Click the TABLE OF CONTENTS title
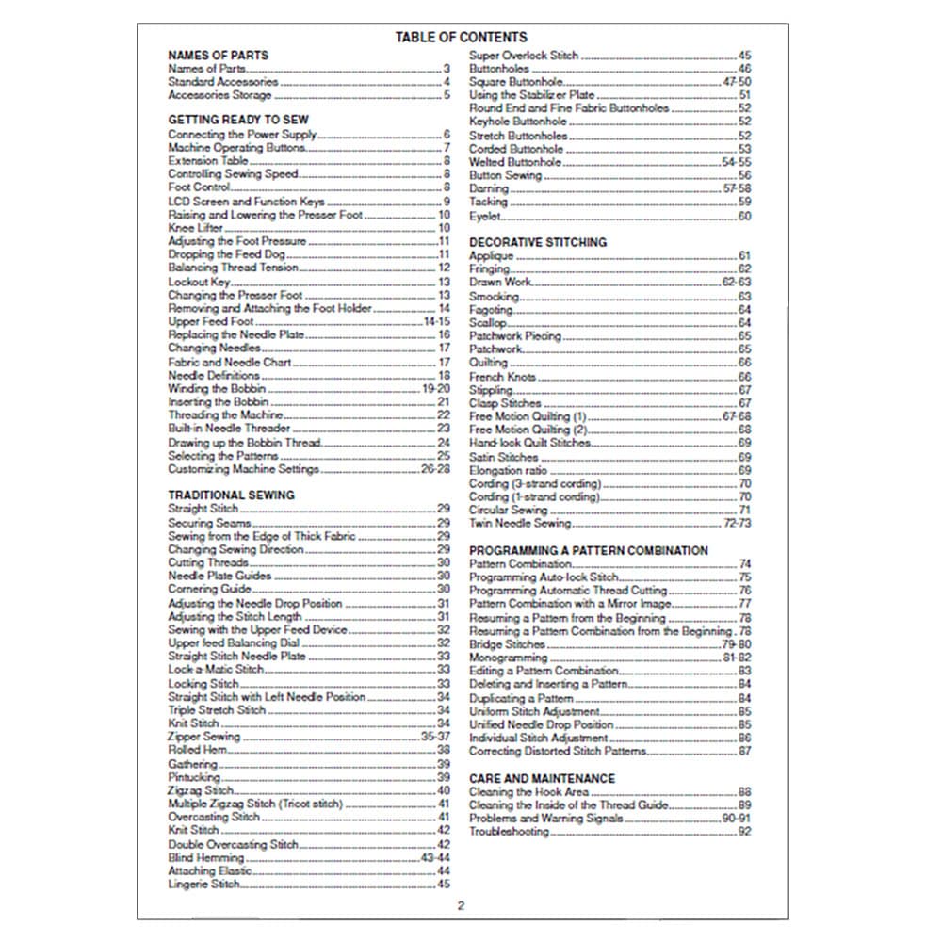tap(461, 38)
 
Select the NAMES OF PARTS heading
tap(218, 55)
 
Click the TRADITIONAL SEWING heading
tap(231, 495)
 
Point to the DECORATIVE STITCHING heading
tap(538, 242)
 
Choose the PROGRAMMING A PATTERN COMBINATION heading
tap(589, 550)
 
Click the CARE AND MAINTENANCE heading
tap(542, 779)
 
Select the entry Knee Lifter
tap(195, 228)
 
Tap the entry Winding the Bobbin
tap(217, 388)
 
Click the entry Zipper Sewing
tap(204, 737)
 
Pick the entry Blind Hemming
tap(206, 858)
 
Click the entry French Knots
tap(502, 377)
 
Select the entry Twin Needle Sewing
tap(520, 523)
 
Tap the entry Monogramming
tap(509, 658)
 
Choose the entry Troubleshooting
tap(509, 832)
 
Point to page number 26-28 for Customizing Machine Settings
tap(435, 469)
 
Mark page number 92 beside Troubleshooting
tap(744, 832)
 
